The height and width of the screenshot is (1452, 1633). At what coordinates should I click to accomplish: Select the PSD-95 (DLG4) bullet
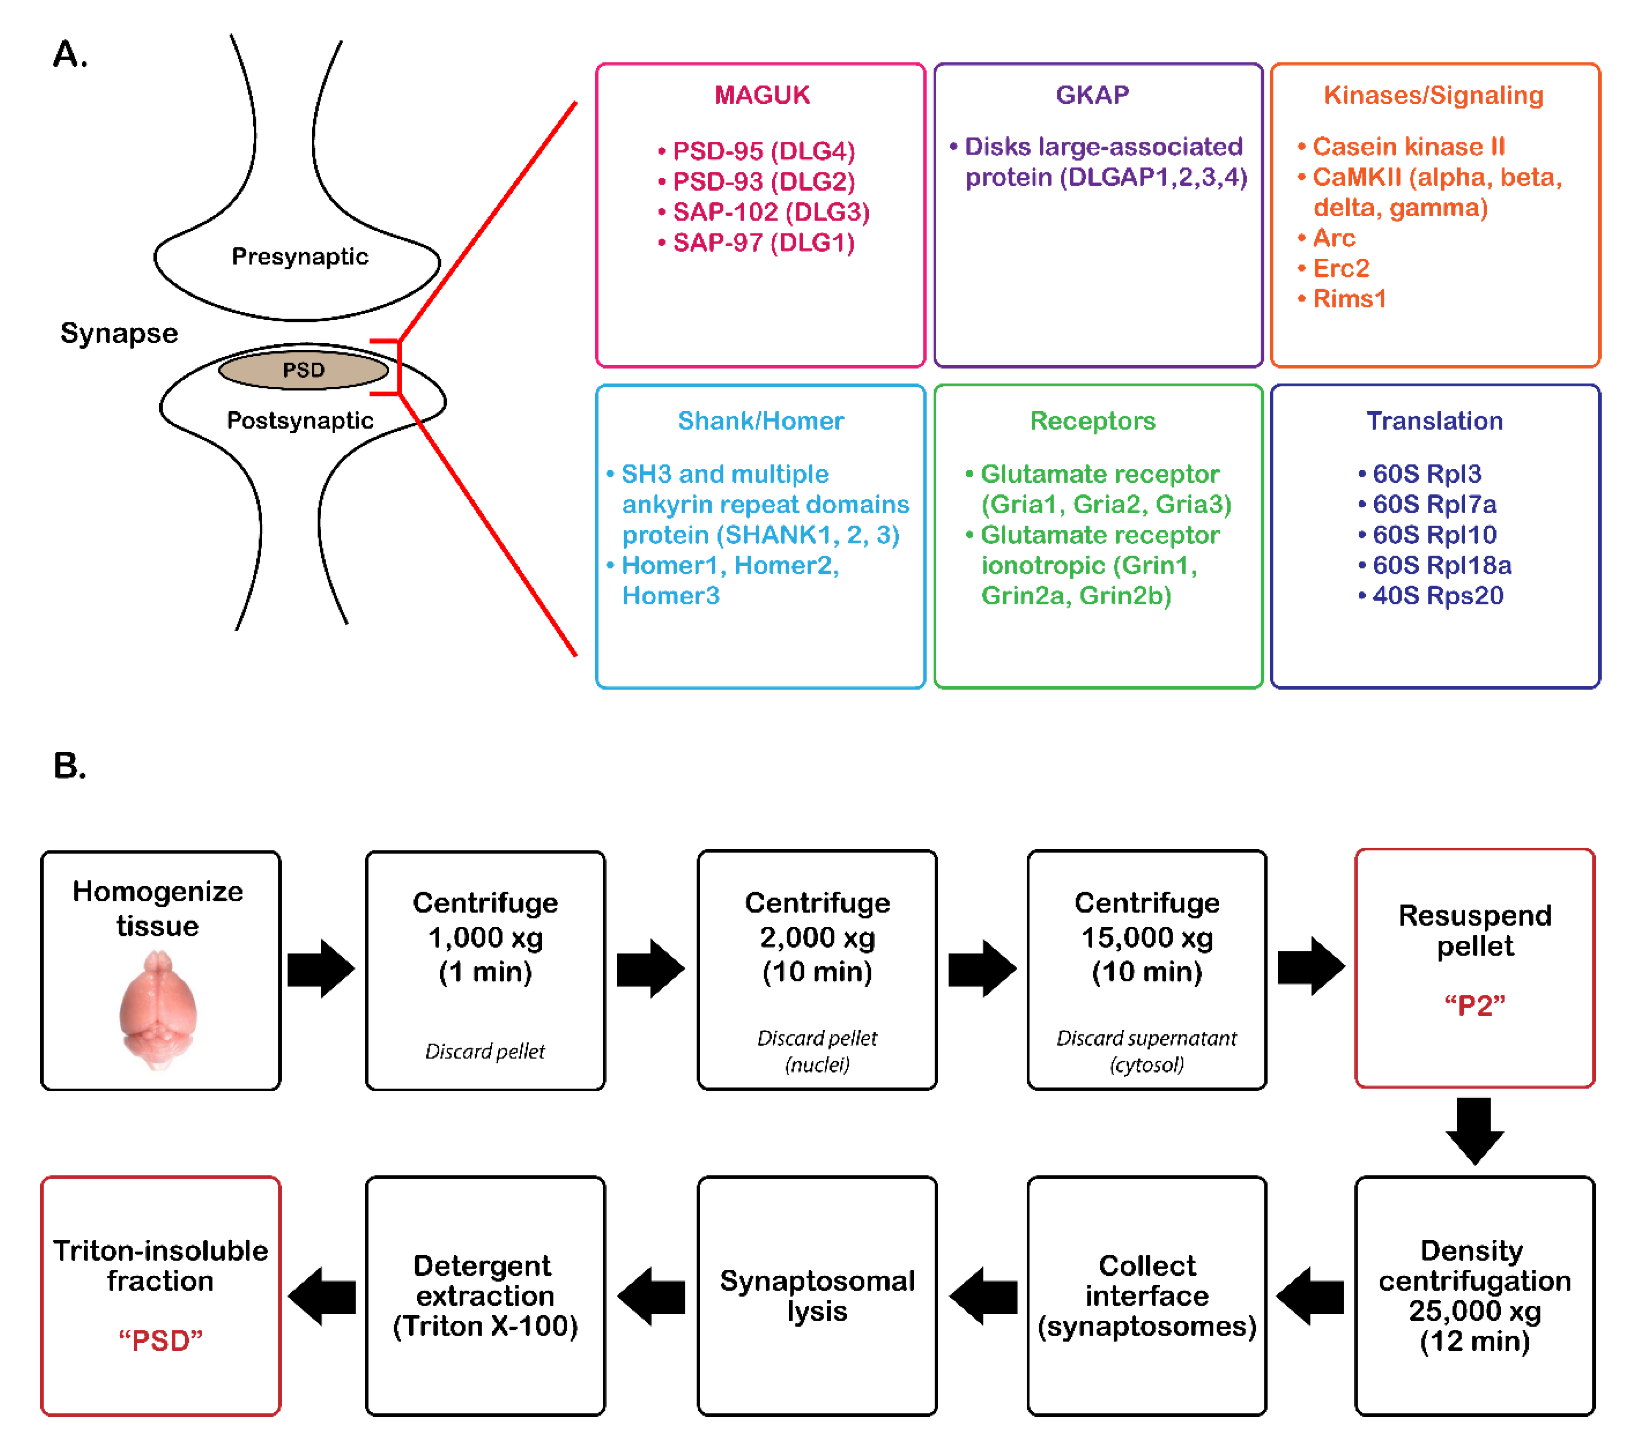click(757, 151)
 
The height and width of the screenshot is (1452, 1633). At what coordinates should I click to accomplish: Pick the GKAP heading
click(1092, 95)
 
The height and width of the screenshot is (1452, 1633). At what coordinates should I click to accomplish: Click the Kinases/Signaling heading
click(1433, 95)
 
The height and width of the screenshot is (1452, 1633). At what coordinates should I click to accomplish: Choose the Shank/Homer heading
click(760, 421)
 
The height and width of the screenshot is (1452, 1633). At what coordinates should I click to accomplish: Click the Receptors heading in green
click(1092, 421)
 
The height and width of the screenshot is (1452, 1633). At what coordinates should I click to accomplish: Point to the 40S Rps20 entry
click(1431, 596)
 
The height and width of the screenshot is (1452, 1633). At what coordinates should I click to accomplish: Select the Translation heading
click(1434, 421)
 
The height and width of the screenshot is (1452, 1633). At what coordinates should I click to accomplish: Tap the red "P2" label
click(1475, 1006)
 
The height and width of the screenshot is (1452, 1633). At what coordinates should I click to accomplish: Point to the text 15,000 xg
click(1147, 938)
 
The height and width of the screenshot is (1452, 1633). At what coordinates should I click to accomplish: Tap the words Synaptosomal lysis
click(817, 1296)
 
